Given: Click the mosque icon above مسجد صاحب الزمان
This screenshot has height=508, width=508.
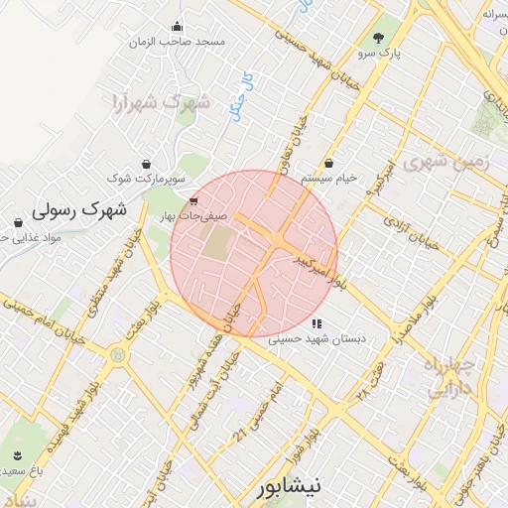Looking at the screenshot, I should tap(177, 27).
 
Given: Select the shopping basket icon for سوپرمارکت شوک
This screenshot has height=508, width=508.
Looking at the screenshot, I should tap(147, 164).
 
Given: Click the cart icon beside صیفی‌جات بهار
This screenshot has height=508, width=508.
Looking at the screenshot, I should tap(191, 202).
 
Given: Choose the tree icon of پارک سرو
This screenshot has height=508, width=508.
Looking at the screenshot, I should tap(378, 37).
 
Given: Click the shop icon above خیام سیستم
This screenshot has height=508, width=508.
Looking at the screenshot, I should tap(328, 164).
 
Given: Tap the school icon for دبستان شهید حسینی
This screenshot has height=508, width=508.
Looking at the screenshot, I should tap(317, 323).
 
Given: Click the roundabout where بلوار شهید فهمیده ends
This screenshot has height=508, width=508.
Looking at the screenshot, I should tap(120, 353).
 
